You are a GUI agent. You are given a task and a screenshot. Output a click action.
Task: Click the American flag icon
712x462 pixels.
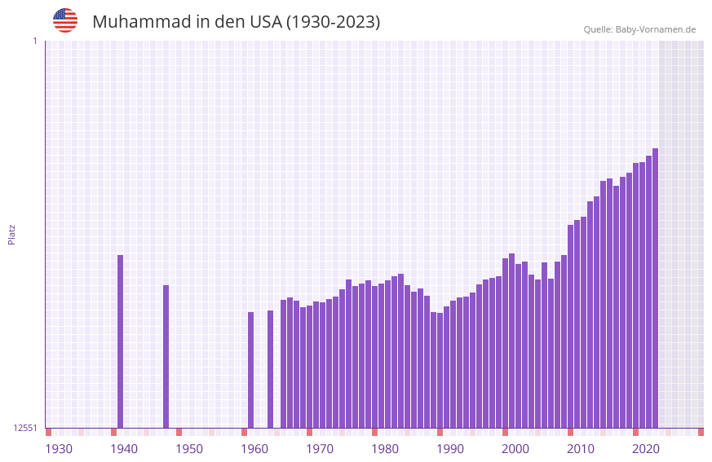coord(65,20)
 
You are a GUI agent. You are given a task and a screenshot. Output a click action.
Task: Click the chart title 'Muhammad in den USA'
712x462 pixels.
coord(236,22)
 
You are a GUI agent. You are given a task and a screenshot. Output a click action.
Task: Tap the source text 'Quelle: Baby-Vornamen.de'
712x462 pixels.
coord(639,30)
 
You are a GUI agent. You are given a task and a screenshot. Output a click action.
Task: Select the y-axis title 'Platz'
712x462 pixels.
coord(11,234)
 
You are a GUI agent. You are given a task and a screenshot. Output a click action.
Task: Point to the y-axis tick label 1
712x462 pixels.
coord(34,41)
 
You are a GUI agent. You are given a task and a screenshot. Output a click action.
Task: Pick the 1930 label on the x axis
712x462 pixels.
coord(59,449)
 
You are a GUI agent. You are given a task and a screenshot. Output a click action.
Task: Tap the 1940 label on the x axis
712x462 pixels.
coord(124,449)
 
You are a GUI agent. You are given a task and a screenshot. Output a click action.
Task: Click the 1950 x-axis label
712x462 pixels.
coord(189,449)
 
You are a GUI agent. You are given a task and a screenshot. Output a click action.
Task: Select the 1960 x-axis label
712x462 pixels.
coord(254,449)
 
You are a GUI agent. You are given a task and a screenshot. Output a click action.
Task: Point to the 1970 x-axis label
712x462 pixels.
coord(320,449)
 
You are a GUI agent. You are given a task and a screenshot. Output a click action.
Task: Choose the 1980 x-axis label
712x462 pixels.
coord(385,449)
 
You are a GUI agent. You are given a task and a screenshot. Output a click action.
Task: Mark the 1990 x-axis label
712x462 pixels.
coord(450,449)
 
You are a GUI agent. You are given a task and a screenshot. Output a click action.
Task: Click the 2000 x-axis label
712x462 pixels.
coord(515,449)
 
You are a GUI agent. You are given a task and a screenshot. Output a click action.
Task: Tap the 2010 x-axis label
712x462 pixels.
coord(581,449)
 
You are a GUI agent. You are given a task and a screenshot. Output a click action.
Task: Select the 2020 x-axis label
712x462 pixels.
coord(646,449)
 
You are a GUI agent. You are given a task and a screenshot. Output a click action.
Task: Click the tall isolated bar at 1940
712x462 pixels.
coord(121,342)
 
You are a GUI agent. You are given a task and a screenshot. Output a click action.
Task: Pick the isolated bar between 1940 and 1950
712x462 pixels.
coord(166,357)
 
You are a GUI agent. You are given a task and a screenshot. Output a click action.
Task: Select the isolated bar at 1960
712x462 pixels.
coord(251,371)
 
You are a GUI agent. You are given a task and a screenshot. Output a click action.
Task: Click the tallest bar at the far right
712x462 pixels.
coord(655,289)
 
